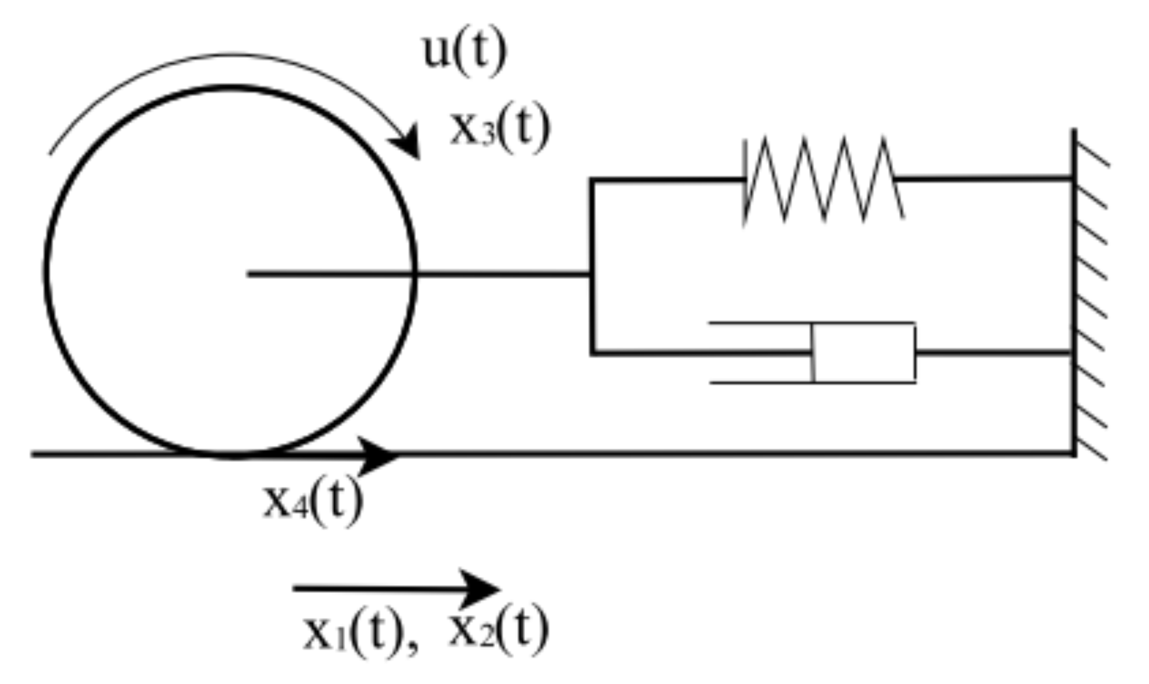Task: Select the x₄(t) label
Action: (x=313, y=501)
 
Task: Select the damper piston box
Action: (x=865, y=353)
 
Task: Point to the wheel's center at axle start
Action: (x=249, y=273)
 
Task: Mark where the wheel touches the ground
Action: (x=231, y=454)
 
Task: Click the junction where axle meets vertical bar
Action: (x=592, y=273)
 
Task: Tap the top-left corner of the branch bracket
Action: (x=592, y=180)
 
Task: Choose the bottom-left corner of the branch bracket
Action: (x=592, y=353)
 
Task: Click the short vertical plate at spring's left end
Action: (x=744, y=181)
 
